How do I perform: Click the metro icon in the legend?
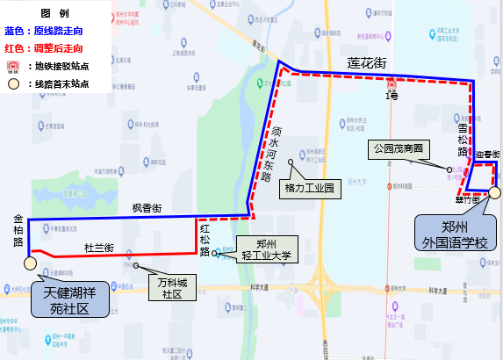pos(13,66)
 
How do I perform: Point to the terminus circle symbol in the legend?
pos(13,84)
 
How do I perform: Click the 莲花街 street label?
pos(367,62)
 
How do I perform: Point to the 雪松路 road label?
pos(462,140)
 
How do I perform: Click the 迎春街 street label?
pos(487,155)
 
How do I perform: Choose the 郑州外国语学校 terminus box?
pos(454,232)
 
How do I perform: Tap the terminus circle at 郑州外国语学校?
pos(495,193)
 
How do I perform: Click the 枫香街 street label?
pos(147,208)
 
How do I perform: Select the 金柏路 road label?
pos(18,229)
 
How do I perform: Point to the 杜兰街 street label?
pos(99,248)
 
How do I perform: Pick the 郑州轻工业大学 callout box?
pos(266,250)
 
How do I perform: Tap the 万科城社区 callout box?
pos(165,288)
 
